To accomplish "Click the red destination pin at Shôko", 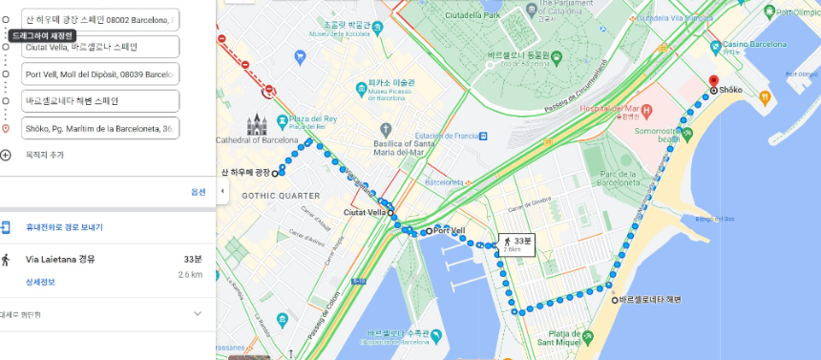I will [x=712, y=80].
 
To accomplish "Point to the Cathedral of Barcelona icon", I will [x=256, y=125].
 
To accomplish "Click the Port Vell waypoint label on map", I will [x=449, y=230].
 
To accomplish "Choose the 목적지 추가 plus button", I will [x=7, y=155].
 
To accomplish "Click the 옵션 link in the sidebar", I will [x=199, y=192].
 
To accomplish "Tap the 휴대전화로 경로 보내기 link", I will [x=64, y=227].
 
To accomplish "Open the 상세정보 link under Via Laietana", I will [x=40, y=282].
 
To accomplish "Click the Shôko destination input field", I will [x=100, y=128].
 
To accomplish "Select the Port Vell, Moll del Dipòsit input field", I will [x=100, y=74].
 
